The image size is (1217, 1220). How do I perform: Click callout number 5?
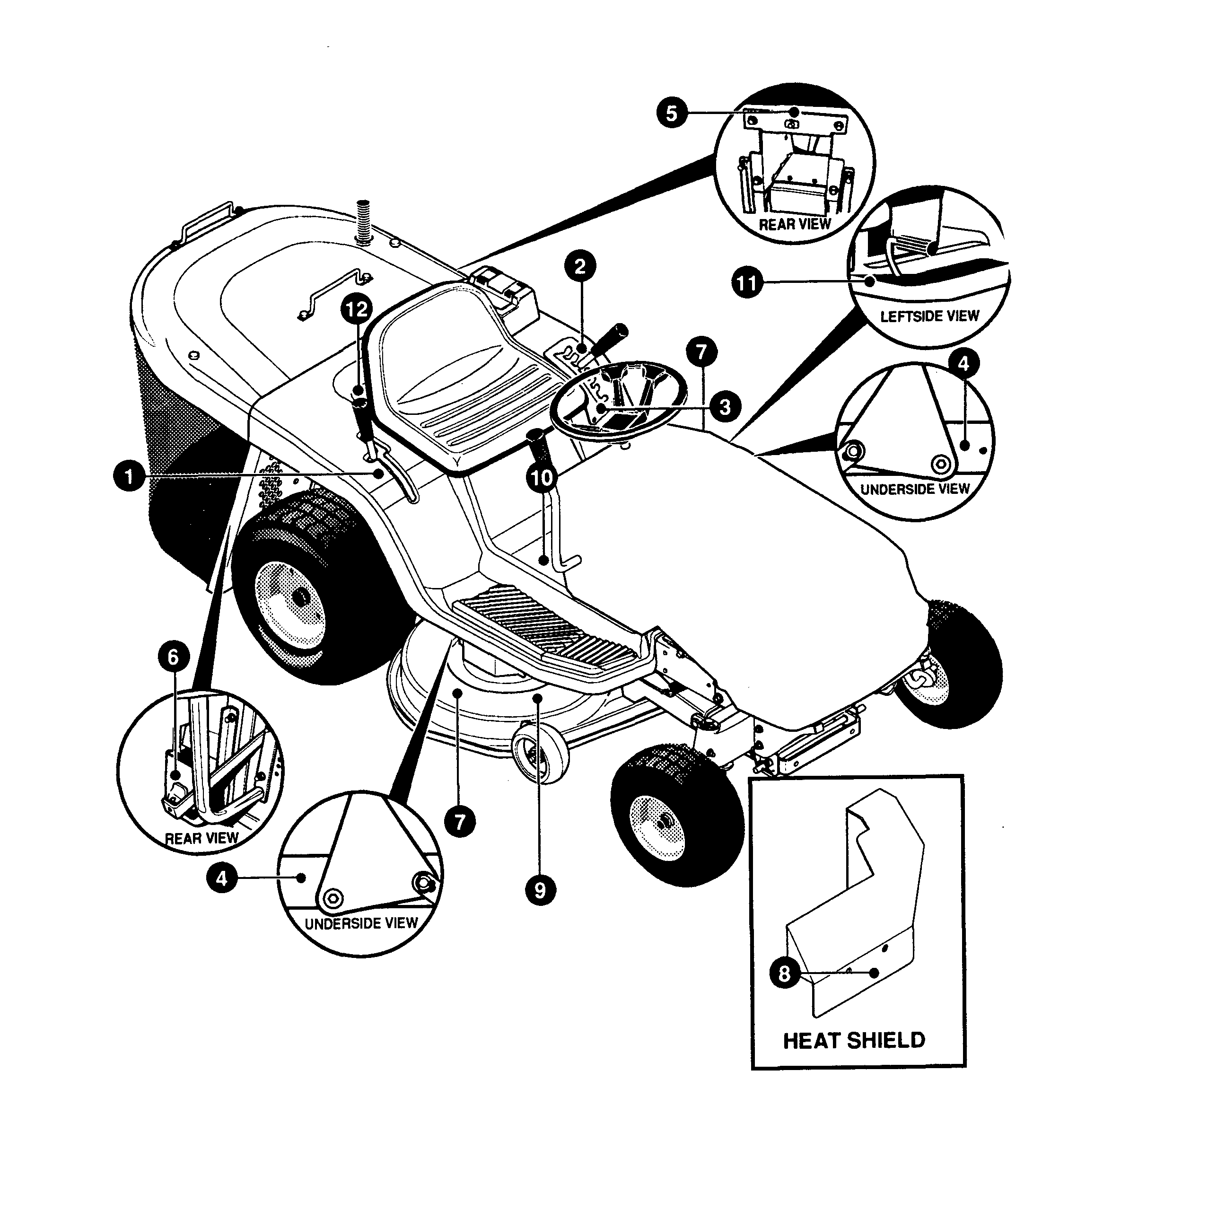(672, 113)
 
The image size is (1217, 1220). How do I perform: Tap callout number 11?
(747, 282)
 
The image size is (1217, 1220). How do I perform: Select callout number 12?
(357, 309)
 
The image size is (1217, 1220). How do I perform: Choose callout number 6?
(173, 658)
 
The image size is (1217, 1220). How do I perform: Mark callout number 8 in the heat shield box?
(785, 973)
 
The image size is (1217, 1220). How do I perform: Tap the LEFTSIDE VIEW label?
(929, 316)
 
